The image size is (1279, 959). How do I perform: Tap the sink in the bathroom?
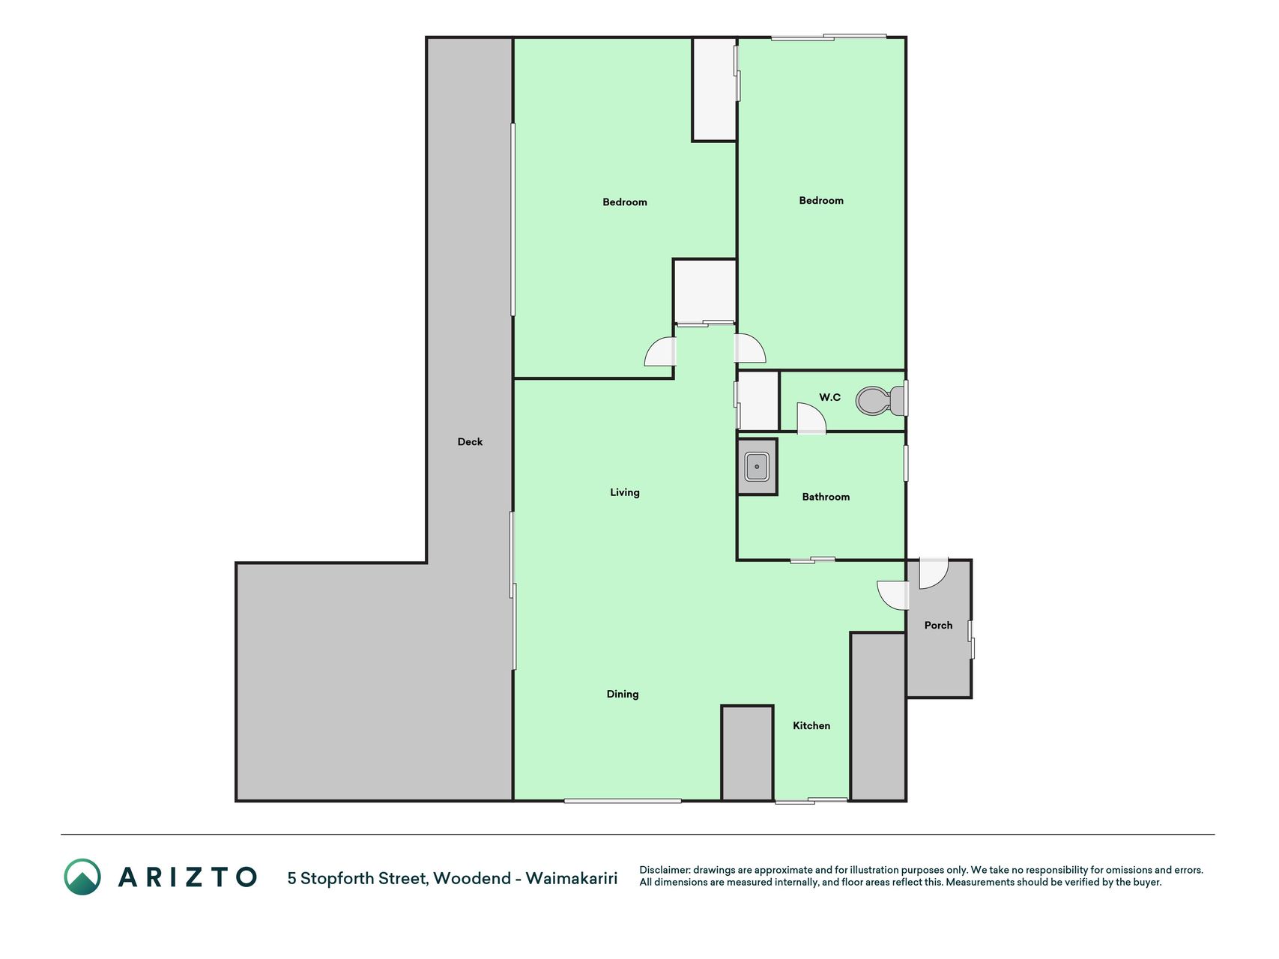(757, 467)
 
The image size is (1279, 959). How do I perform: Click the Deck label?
(470, 442)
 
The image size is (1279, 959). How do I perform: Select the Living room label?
(624, 492)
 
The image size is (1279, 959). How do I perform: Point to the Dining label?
(623, 694)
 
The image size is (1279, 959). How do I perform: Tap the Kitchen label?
(811, 725)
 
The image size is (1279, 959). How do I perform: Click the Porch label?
(938, 625)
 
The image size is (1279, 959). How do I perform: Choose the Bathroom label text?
(826, 497)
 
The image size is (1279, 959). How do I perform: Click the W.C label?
(829, 397)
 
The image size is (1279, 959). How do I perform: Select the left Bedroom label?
(625, 202)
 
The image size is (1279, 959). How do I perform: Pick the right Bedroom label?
(821, 200)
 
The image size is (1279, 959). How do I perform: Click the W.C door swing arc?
(811, 419)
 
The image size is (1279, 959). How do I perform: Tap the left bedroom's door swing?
(660, 352)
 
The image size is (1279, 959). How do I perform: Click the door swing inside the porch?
(934, 573)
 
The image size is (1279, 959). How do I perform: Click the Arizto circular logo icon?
(82, 877)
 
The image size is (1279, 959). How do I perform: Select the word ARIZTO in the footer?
(187, 877)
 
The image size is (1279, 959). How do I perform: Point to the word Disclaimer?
(664, 870)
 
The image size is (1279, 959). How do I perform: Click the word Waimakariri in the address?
(572, 878)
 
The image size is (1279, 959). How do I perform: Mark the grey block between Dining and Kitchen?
(747, 753)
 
